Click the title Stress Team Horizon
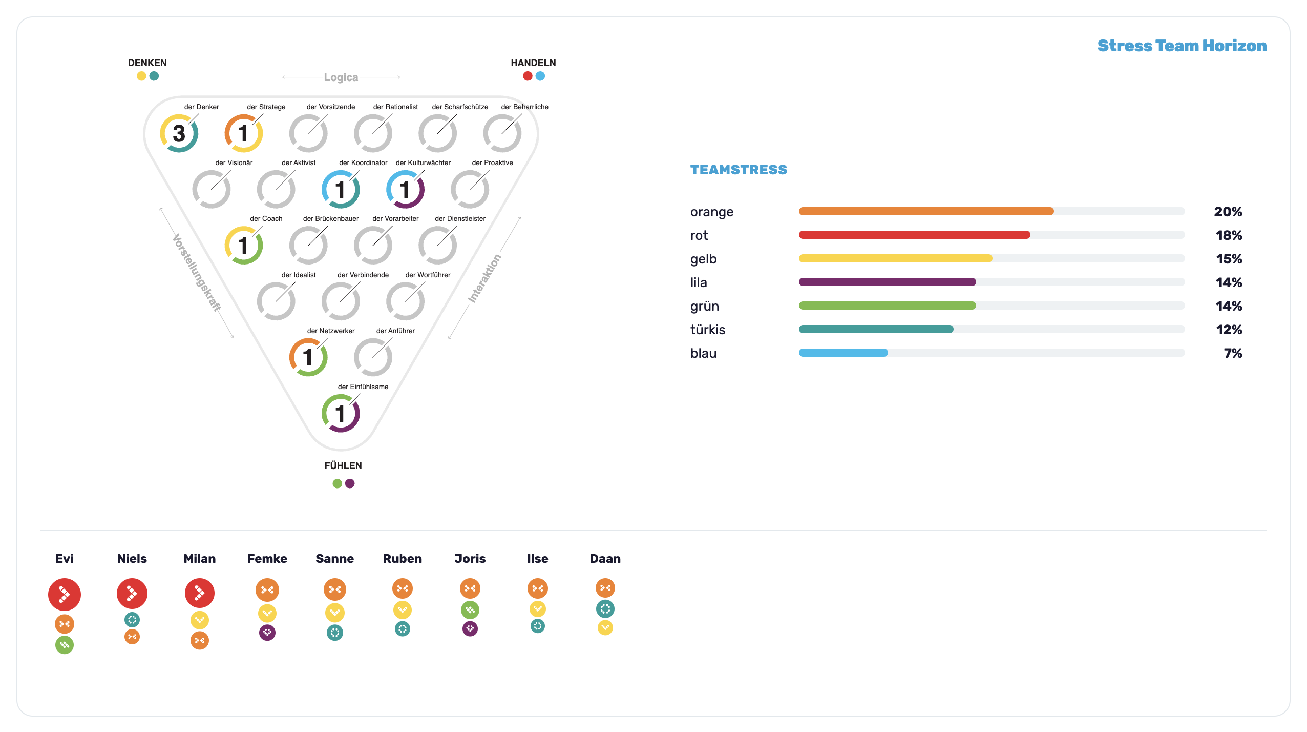pyautogui.click(x=1182, y=46)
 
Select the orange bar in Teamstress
pyautogui.click(x=926, y=211)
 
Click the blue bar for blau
pyautogui.click(x=843, y=353)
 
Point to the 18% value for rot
pyautogui.click(x=1229, y=235)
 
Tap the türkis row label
pyautogui.click(x=708, y=330)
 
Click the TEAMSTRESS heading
pyautogui.click(x=739, y=170)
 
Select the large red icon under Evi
pyautogui.click(x=65, y=595)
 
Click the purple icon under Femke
pyautogui.click(x=267, y=633)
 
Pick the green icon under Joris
pyautogui.click(x=470, y=610)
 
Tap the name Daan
pyautogui.click(x=605, y=559)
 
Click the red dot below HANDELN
pyautogui.click(x=528, y=76)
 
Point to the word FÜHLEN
pyautogui.click(x=343, y=465)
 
